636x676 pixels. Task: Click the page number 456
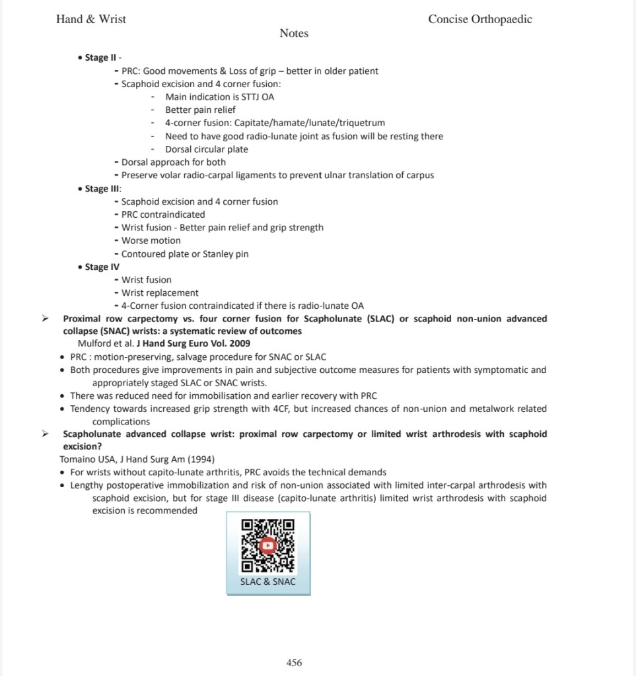(294, 663)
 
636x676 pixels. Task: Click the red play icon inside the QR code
(267, 546)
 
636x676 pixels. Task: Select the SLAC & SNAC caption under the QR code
(267, 582)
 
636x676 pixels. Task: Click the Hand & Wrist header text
(91, 19)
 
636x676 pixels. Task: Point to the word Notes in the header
(294, 33)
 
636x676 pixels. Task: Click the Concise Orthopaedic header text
(480, 19)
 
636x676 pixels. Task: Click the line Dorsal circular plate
(206, 149)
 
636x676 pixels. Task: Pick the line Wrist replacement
(160, 293)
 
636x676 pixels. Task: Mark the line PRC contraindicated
(163, 215)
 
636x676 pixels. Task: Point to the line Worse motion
(151, 241)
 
